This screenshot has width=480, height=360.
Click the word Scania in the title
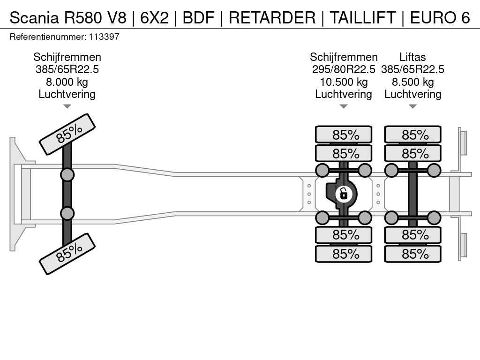pos(34,17)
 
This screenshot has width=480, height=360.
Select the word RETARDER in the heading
pos(272,17)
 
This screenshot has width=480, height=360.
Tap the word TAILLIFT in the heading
pos(362,17)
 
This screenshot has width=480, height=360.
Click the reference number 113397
pos(104,37)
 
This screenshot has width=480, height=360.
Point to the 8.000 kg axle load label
pos(67,82)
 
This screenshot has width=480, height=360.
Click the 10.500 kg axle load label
pos(344,82)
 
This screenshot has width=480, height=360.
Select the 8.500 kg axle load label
pos(412,82)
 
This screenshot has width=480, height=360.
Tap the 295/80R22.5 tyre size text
pos(344,69)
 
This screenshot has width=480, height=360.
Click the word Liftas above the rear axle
pos(412,57)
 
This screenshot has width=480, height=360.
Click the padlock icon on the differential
pos(344,194)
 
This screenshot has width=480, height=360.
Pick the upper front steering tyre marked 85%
pos(67,134)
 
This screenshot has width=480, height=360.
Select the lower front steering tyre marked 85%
pos(67,254)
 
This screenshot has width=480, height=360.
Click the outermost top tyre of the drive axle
pos(344,135)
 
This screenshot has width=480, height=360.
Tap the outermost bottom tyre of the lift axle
pos(412,254)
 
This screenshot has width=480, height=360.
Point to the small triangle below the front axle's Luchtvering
pos(67,106)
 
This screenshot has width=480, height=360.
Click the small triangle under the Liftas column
pos(412,106)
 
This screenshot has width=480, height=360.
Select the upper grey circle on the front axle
pos(67,175)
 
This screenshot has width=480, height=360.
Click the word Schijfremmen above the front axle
pos(67,57)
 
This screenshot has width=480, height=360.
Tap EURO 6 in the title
pos(440,17)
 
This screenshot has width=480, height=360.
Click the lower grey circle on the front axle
pos(67,213)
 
